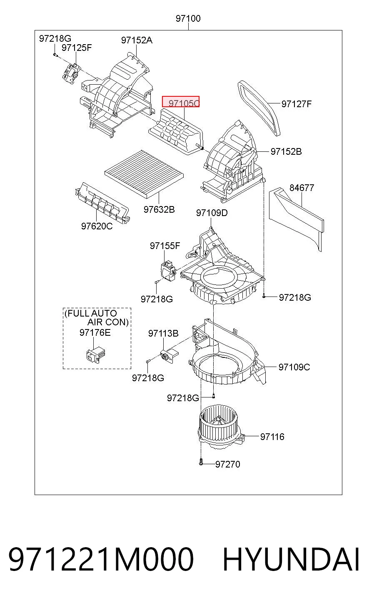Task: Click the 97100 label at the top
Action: coord(188,18)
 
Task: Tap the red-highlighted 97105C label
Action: coord(181,101)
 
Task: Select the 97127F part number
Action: coord(297,104)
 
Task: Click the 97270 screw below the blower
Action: coord(201,463)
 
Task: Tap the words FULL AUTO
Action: coord(91,313)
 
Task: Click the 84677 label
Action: coord(302,188)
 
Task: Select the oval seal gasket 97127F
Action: coord(259,108)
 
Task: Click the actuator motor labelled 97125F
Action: coord(71,73)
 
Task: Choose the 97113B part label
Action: coord(163,333)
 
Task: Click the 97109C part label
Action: coord(294,367)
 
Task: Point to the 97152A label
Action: coord(137,40)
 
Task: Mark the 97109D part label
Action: coord(212,213)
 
